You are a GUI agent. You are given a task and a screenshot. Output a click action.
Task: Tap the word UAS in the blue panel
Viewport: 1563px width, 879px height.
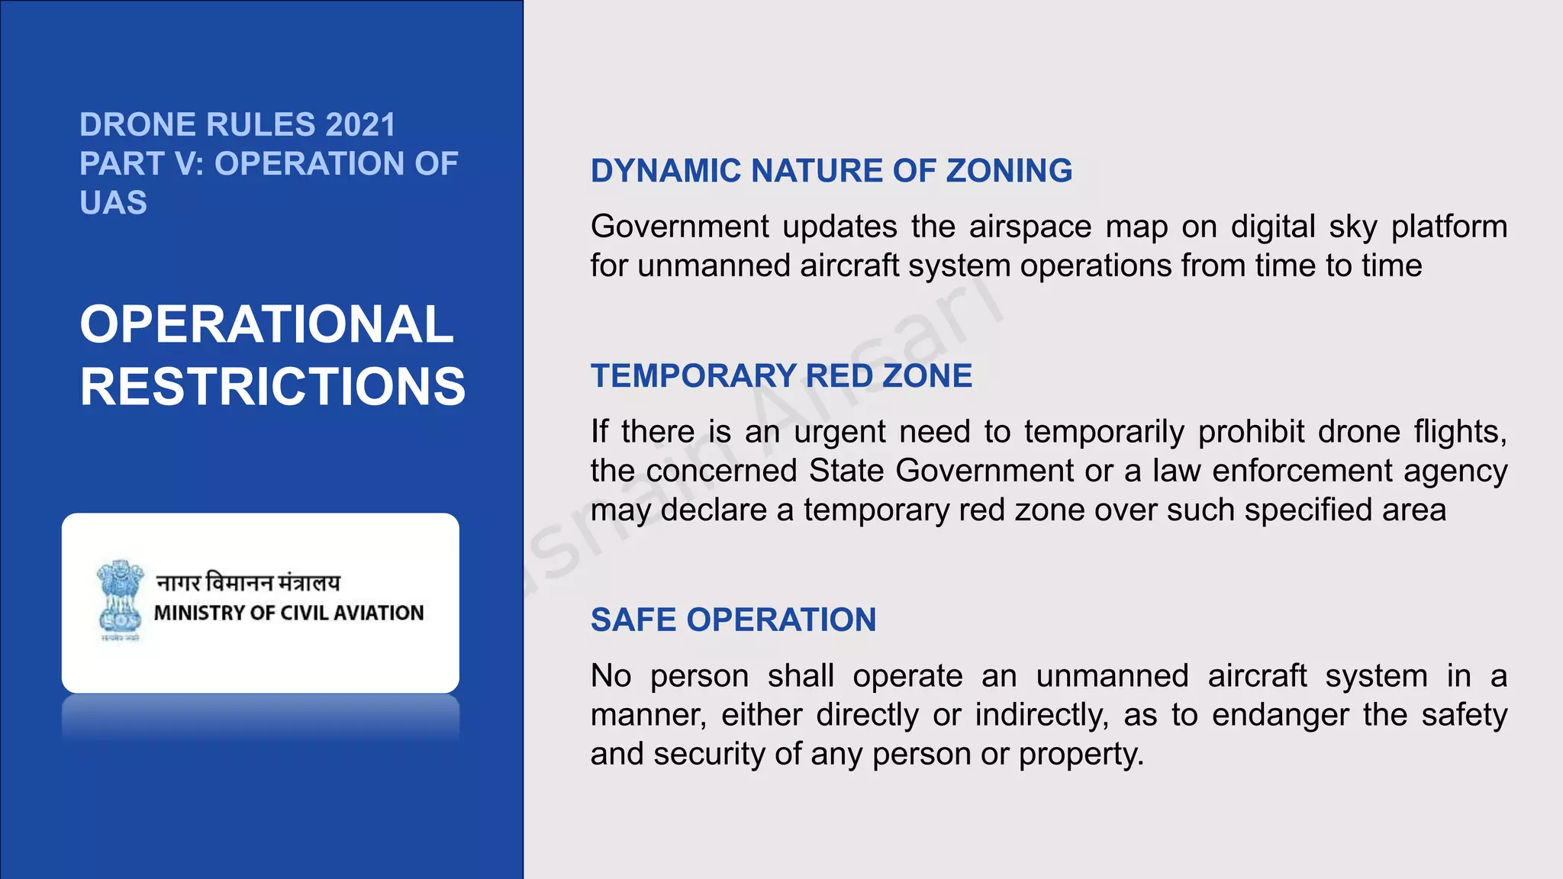pos(113,203)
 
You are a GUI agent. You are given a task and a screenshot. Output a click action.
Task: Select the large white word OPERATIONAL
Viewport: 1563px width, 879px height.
pos(266,324)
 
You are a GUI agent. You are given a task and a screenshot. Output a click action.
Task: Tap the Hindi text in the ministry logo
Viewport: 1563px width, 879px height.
pos(248,583)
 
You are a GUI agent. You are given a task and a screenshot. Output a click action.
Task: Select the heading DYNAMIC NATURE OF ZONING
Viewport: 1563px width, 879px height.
pos(831,171)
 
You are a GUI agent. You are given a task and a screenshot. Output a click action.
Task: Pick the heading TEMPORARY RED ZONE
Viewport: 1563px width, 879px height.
pos(781,376)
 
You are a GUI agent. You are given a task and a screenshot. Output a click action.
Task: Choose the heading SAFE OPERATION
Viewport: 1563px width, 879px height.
pos(733,620)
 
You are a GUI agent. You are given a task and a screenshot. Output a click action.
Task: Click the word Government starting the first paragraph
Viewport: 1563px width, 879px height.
pos(680,227)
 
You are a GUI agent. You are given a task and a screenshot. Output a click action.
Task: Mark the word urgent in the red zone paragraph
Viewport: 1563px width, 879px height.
pos(839,432)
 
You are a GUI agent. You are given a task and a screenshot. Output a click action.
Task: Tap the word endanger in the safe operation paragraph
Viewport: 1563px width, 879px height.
pos(1280,715)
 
